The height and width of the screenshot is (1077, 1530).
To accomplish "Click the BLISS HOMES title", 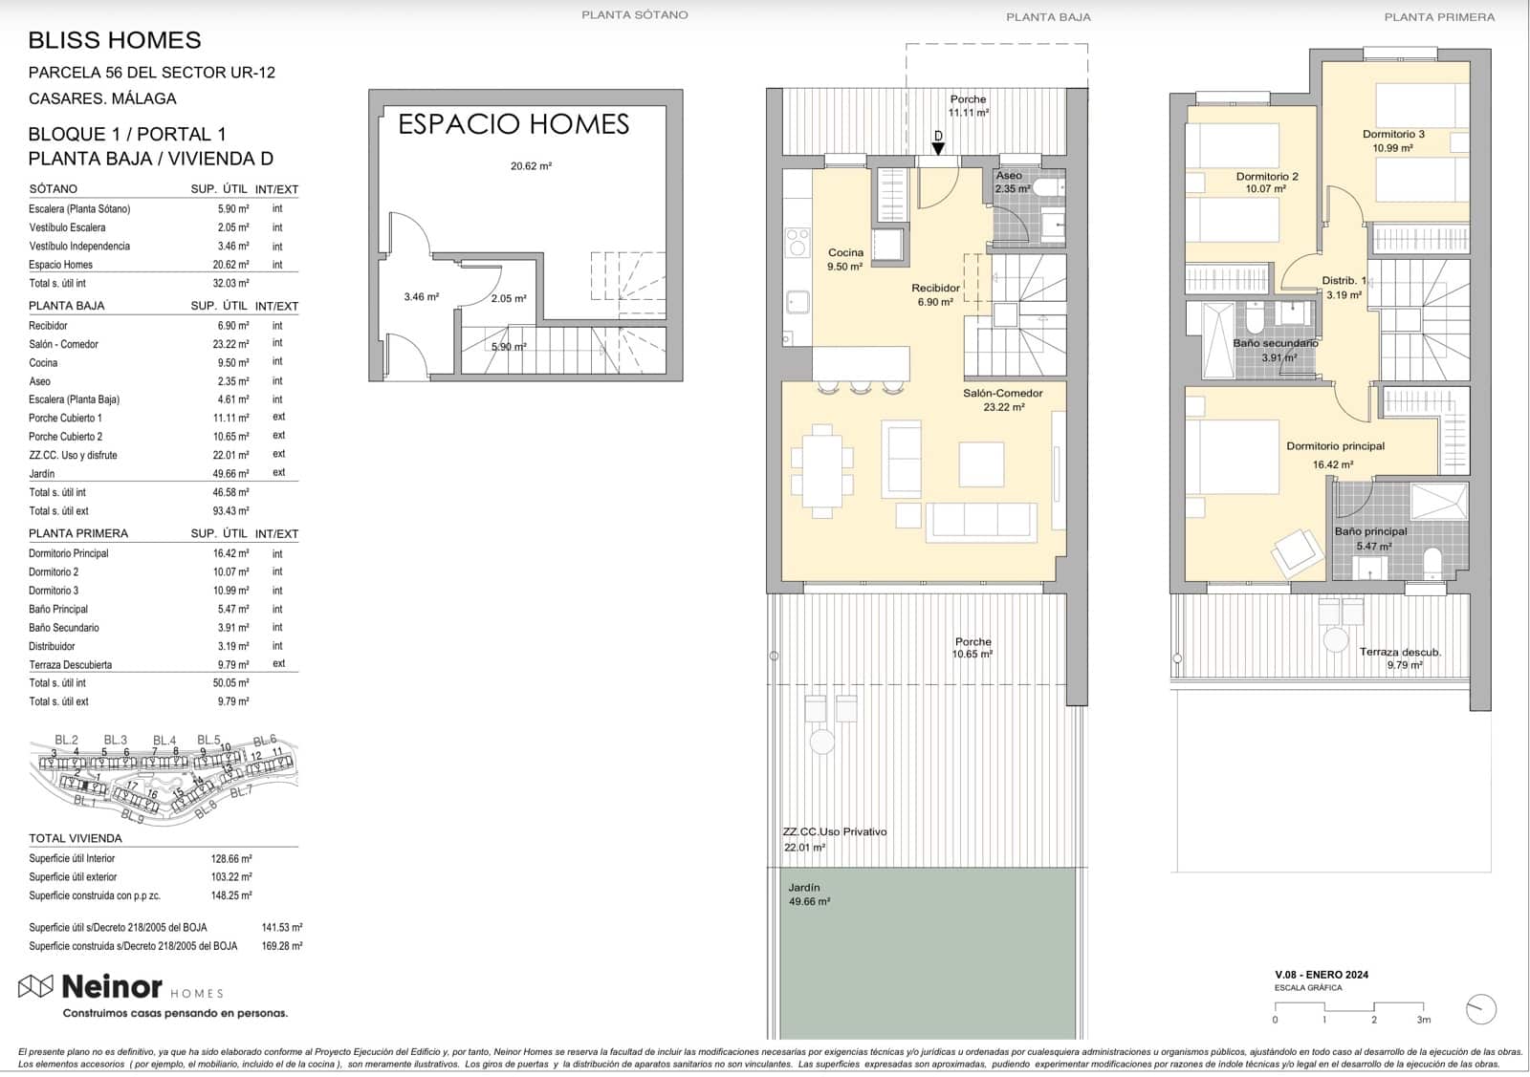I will [x=115, y=40].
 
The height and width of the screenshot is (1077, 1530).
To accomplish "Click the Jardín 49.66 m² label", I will [x=808, y=894].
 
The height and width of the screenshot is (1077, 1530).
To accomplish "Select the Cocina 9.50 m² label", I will [x=845, y=259].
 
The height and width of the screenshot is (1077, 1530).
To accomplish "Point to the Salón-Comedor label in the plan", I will [x=1002, y=394].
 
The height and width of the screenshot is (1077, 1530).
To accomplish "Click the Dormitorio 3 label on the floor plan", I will [x=1393, y=135].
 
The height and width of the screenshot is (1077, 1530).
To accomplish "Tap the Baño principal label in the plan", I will [x=1370, y=532].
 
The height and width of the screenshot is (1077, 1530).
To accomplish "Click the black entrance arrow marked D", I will [x=938, y=147].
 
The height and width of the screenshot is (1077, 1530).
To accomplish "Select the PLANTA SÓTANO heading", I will [x=634, y=14].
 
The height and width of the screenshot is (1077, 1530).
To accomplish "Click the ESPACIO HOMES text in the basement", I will [x=514, y=124].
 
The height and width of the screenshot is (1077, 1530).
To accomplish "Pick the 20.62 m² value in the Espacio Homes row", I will [x=230, y=265].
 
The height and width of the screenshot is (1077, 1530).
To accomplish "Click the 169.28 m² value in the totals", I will [x=282, y=946].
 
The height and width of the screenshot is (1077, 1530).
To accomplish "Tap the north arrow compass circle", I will [x=1480, y=1009].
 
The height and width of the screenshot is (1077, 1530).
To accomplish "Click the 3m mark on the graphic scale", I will [x=1424, y=1019].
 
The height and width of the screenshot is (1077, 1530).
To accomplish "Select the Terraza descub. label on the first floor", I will [x=1399, y=652].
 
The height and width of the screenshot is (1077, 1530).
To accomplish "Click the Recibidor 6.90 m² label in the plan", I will [x=935, y=294].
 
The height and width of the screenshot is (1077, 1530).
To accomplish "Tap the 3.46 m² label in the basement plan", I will [x=421, y=297].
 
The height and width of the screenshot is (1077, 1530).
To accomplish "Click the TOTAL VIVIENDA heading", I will [x=76, y=838].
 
